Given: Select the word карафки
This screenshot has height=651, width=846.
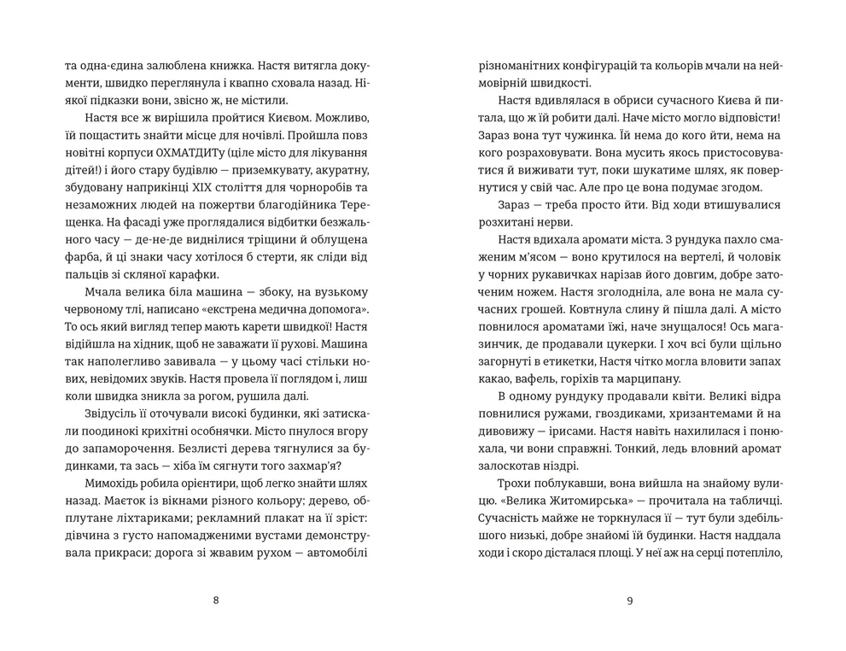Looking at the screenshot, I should tap(191, 273).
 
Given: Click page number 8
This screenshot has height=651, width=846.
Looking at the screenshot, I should tap(215, 600).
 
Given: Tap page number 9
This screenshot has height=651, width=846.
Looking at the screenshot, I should tap(629, 600).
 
